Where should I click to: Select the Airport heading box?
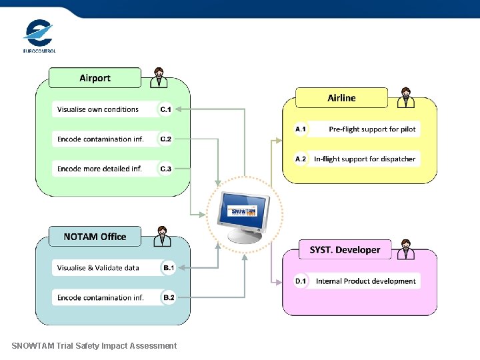[x=95, y=78]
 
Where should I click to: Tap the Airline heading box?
[x=341, y=98]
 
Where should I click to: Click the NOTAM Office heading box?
[x=95, y=237]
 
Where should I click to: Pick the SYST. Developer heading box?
[x=345, y=250]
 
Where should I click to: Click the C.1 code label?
[x=165, y=109]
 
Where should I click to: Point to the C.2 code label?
[x=165, y=139]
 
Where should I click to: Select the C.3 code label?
[x=165, y=169]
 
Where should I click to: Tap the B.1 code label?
[x=168, y=268]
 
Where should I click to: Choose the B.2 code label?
[x=168, y=298]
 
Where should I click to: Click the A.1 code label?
[x=301, y=129]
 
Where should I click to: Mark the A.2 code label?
[x=301, y=159]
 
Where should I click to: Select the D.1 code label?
[x=301, y=281]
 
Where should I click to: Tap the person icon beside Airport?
[x=159, y=77]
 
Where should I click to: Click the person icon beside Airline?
[x=405, y=97]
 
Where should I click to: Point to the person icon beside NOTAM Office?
[x=161, y=236]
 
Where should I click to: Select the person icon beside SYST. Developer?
[x=405, y=249]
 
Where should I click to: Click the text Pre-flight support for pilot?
[x=371, y=129]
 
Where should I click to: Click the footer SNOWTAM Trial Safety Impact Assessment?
[x=94, y=345]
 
